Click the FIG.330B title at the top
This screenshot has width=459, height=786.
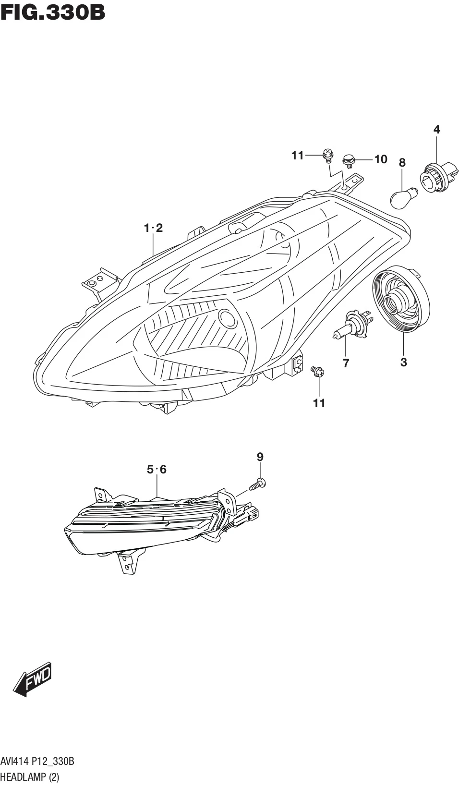tap(53, 12)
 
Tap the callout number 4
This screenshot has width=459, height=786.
tap(436, 129)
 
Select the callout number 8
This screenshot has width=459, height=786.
tap(402, 163)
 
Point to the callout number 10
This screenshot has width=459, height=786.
tap(381, 159)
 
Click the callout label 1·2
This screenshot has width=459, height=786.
tap(154, 228)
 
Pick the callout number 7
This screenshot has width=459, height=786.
tap(346, 363)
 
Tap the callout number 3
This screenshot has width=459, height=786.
tap(403, 362)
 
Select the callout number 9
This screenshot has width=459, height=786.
tap(260, 457)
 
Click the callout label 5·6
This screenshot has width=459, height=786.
tap(157, 469)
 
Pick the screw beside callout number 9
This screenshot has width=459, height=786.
tap(258, 484)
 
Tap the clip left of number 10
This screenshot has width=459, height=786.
tap(348, 160)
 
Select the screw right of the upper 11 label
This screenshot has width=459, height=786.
tap(328, 155)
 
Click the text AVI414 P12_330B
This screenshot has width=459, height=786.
tap(37, 762)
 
